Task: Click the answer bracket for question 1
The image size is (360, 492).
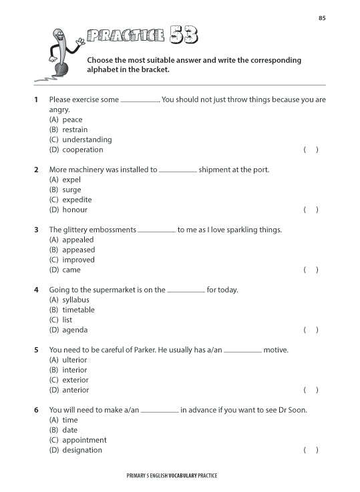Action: coord(311,150)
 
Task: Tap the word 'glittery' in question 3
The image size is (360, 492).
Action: coord(79,230)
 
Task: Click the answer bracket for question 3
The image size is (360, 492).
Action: coord(311,270)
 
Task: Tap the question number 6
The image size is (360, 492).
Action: coord(36,410)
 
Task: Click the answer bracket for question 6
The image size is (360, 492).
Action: coord(311,450)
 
